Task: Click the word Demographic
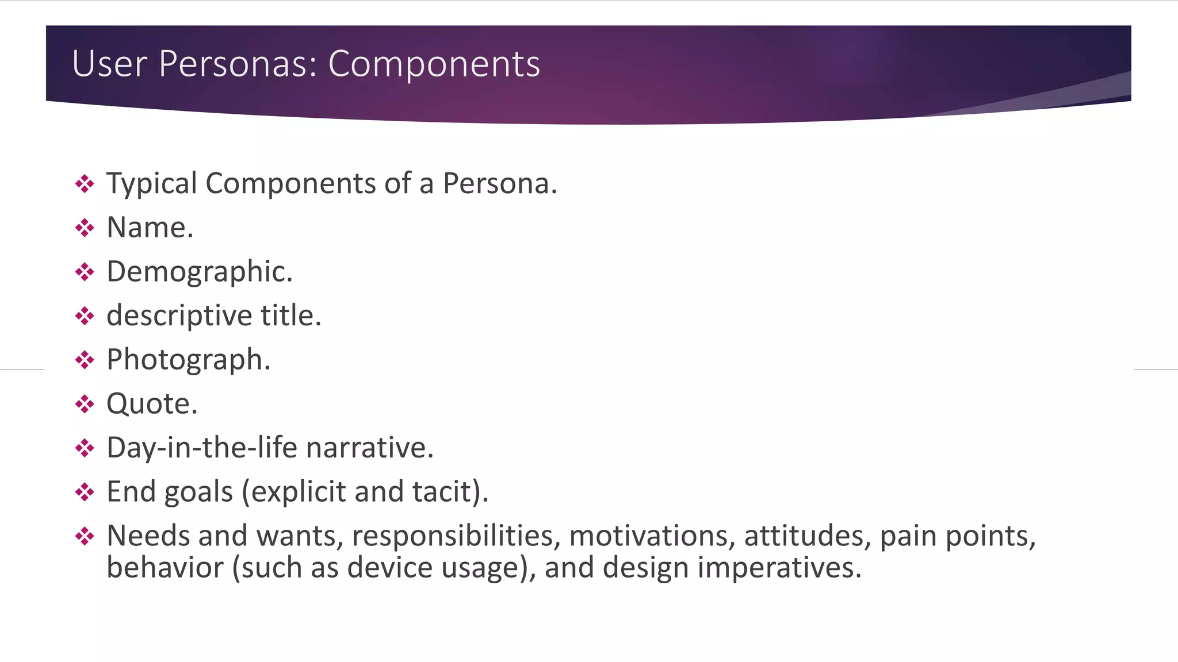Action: click(199, 272)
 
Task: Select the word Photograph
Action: click(188, 360)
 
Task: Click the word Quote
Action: click(151, 404)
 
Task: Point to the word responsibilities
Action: click(456, 536)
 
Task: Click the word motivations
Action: click(652, 536)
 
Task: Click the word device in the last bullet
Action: click(391, 568)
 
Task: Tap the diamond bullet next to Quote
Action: click(85, 404)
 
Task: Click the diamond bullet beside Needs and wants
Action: click(85, 536)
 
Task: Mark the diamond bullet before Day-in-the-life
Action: click(85, 448)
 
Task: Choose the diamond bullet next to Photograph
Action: click(85, 360)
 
